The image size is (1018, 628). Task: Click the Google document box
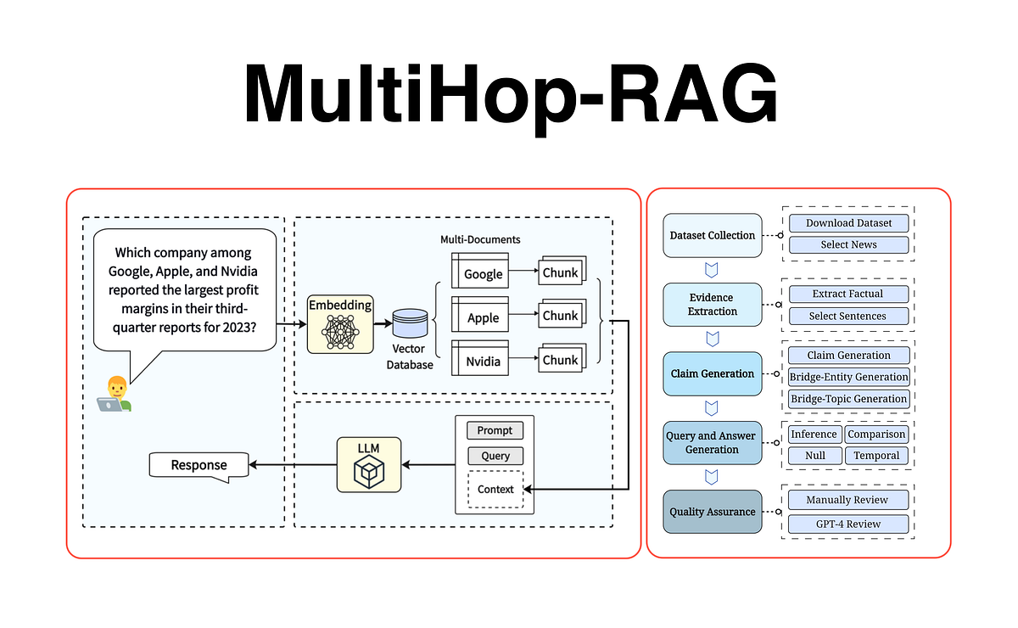coord(480,272)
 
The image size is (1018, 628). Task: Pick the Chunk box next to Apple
coord(560,316)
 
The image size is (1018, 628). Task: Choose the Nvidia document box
coord(480,360)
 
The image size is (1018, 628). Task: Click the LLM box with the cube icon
coord(368,464)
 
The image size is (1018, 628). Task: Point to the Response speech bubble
coord(199,465)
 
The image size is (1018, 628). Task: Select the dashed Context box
coord(495,490)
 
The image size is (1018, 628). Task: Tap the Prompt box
coord(495,430)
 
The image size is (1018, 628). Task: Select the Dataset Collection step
coord(712,235)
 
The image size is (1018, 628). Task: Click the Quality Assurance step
coord(712,512)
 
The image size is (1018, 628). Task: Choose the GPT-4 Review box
coord(848,524)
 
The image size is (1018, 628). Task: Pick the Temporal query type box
coord(876,456)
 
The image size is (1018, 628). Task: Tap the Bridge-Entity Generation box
coord(848,377)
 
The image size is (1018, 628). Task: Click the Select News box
coord(848,244)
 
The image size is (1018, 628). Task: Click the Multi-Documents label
coord(480,240)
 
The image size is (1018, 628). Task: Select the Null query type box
coord(814,456)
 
